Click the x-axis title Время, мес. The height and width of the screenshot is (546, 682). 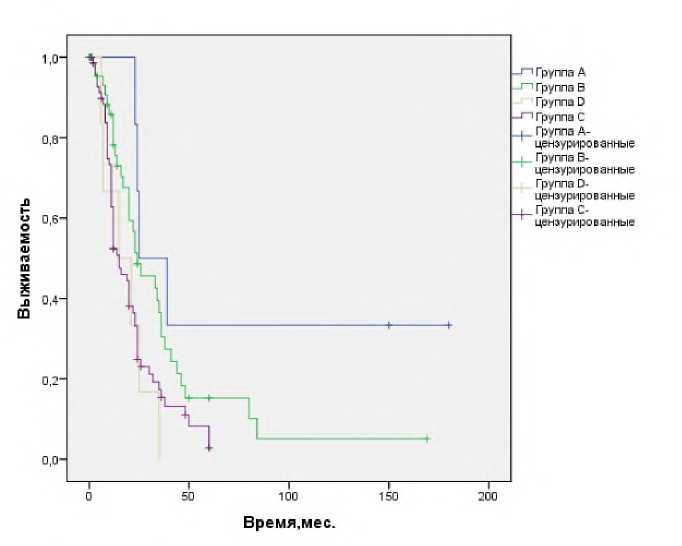pyautogui.click(x=289, y=523)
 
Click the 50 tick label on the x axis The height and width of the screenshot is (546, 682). pyautogui.click(x=189, y=497)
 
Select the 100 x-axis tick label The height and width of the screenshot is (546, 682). pyautogui.click(x=289, y=497)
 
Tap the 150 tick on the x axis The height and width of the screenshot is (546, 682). pyautogui.click(x=389, y=497)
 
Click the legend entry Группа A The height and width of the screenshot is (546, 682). pyautogui.click(x=560, y=73)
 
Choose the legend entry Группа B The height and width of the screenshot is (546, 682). pyautogui.click(x=560, y=88)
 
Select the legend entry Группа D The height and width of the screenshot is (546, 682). pyautogui.click(x=560, y=102)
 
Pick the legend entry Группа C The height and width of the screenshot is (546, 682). pyautogui.click(x=560, y=117)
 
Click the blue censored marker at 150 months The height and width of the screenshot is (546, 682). pyautogui.click(x=389, y=325)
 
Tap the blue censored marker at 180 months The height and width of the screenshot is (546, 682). pyautogui.click(x=449, y=325)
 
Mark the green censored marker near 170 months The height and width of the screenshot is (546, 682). pyautogui.click(x=427, y=438)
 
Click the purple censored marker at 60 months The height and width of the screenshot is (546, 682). pyautogui.click(x=209, y=447)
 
